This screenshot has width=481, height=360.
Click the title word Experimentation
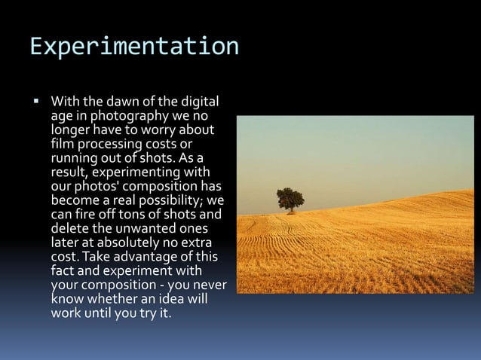134,47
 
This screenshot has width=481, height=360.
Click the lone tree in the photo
290,200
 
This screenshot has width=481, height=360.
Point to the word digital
198,100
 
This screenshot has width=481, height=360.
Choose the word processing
112,145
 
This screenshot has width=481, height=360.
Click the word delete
69,229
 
